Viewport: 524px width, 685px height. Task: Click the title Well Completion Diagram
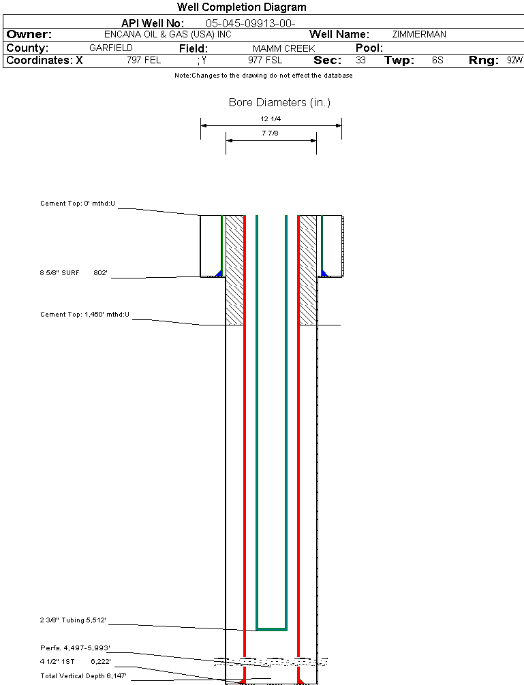(x=241, y=7)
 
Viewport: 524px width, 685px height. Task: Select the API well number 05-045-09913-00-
(x=250, y=23)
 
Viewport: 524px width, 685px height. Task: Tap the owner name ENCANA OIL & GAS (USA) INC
(x=173, y=34)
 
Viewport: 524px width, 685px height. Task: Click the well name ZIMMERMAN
(x=419, y=34)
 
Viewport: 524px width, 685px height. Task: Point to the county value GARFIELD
(x=111, y=48)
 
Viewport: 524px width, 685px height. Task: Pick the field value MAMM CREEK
(x=283, y=49)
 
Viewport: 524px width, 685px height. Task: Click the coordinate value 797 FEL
(x=144, y=61)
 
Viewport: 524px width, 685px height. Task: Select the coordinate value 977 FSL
(x=265, y=61)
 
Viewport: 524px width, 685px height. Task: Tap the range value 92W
(x=514, y=61)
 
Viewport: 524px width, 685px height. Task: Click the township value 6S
(x=437, y=61)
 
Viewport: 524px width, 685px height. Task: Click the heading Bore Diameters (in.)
(x=279, y=103)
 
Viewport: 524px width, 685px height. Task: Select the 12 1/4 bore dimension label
(x=271, y=119)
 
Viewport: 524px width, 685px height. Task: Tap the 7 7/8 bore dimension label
(x=271, y=133)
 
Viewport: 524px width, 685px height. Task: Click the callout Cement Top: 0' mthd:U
(x=78, y=204)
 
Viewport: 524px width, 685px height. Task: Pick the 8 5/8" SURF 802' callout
(x=74, y=273)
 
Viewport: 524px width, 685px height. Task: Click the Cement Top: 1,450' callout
(x=85, y=315)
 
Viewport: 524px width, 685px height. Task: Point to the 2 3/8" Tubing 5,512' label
(x=73, y=620)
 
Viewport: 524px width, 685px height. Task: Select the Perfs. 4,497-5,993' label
(x=75, y=648)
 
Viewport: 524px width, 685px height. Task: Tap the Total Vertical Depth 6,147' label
(x=84, y=675)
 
